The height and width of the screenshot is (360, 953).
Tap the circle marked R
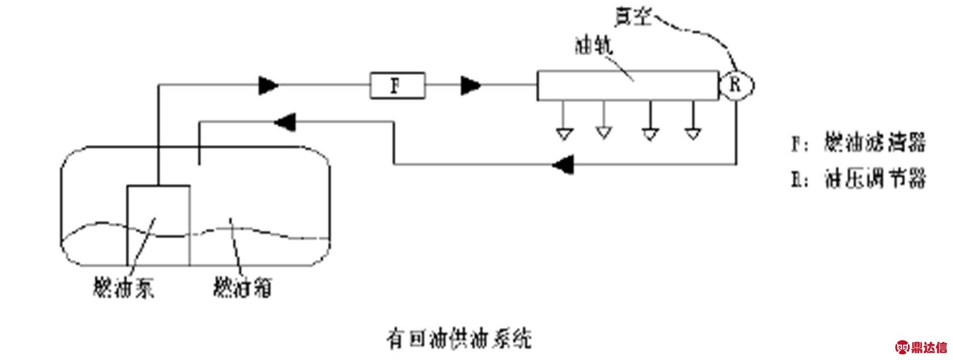[736, 85]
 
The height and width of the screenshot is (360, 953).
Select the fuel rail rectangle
[627, 85]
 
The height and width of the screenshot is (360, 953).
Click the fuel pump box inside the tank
[158, 225]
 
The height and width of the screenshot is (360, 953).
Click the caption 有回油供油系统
[458, 339]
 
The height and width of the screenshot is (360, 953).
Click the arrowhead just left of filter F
[269, 85]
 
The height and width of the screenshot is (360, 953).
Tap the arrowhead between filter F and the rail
[471, 85]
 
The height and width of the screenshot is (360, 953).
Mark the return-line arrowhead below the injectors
[563, 164]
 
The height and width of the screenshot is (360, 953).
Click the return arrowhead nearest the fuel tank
[285, 121]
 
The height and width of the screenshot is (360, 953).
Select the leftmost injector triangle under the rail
[564, 134]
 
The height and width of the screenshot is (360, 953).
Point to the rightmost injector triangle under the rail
[692, 134]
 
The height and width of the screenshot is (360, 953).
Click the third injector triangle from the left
[650, 134]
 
